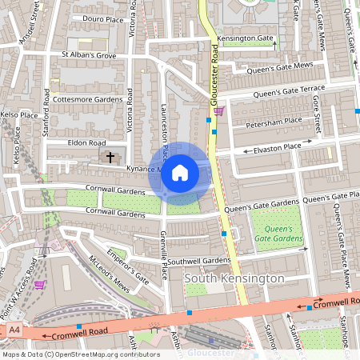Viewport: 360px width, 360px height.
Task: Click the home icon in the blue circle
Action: click(x=180, y=172)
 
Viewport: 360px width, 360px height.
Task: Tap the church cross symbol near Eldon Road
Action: click(x=110, y=157)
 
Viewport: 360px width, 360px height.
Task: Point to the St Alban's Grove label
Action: click(x=83, y=55)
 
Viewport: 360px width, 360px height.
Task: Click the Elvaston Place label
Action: click(x=276, y=147)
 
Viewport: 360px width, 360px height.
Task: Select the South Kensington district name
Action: click(x=234, y=278)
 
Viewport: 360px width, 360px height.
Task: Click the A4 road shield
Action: click(x=14, y=329)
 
